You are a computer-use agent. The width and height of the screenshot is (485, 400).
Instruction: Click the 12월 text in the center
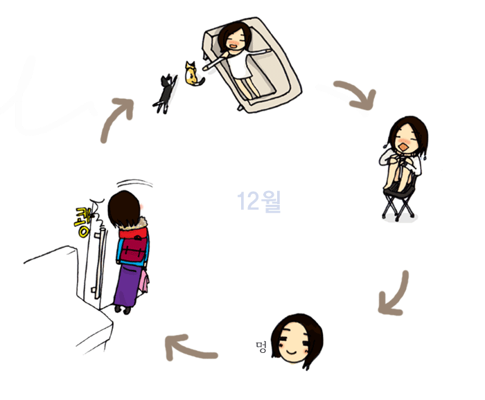pyautogui.click(x=259, y=201)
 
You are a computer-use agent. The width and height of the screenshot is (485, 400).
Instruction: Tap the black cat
pyautogui.click(x=165, y=93)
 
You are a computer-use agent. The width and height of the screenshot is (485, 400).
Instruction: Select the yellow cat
pyautogui.click(x=193, y=74)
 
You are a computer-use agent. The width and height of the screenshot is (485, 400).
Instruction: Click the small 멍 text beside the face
pyautogui.click(x=261, y=347)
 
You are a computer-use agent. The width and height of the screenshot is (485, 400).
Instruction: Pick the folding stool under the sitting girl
pyautogui.click(x=399, y=203)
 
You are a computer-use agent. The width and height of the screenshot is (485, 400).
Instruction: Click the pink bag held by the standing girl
pyautogui.click(x=144, y=282)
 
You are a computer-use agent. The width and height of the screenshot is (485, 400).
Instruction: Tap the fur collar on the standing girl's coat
pyautogui.click(x=141, y=223)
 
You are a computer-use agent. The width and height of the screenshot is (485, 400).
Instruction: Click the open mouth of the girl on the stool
pyautogui.click(x=403, y=146)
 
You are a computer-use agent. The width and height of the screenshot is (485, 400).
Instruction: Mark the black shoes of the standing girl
pyautogui.click(x=123, y=309)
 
